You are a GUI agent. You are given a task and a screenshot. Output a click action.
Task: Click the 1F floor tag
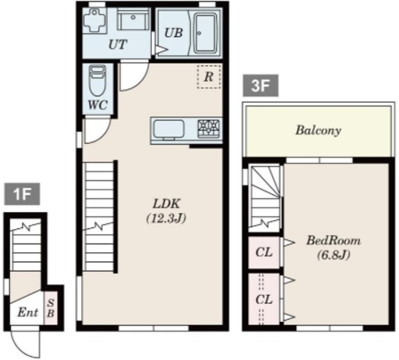[22, 194]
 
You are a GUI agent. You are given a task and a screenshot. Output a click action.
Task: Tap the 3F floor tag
[261, 85]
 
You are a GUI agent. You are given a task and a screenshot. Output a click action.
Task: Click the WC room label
[98, 105]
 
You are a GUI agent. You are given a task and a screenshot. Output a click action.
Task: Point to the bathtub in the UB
[205, 33]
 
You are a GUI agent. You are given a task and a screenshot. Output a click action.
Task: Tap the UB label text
[173, 33]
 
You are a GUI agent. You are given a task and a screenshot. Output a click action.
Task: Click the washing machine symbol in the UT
[95, 21]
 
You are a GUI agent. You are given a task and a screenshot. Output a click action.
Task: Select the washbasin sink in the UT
[133, 19]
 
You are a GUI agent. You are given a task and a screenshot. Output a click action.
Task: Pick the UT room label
[118, 44]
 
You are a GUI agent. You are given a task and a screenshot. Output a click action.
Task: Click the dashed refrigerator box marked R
[209, 76]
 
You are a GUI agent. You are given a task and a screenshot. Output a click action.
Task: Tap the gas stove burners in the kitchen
[208, 129]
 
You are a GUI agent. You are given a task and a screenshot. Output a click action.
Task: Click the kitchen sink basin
[169, 129]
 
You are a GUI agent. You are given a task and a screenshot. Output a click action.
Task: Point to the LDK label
[166, 204]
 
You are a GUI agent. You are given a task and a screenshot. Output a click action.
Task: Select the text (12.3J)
[166, 218]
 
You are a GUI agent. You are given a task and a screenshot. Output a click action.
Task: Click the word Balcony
[318, 130]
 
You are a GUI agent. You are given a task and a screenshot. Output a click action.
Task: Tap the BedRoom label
[334, 240]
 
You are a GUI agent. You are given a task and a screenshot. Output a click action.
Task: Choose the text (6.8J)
[334, 255]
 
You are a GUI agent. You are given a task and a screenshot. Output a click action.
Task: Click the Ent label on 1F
[27, 313]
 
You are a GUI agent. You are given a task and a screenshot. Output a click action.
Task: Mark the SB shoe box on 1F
[50, 308]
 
